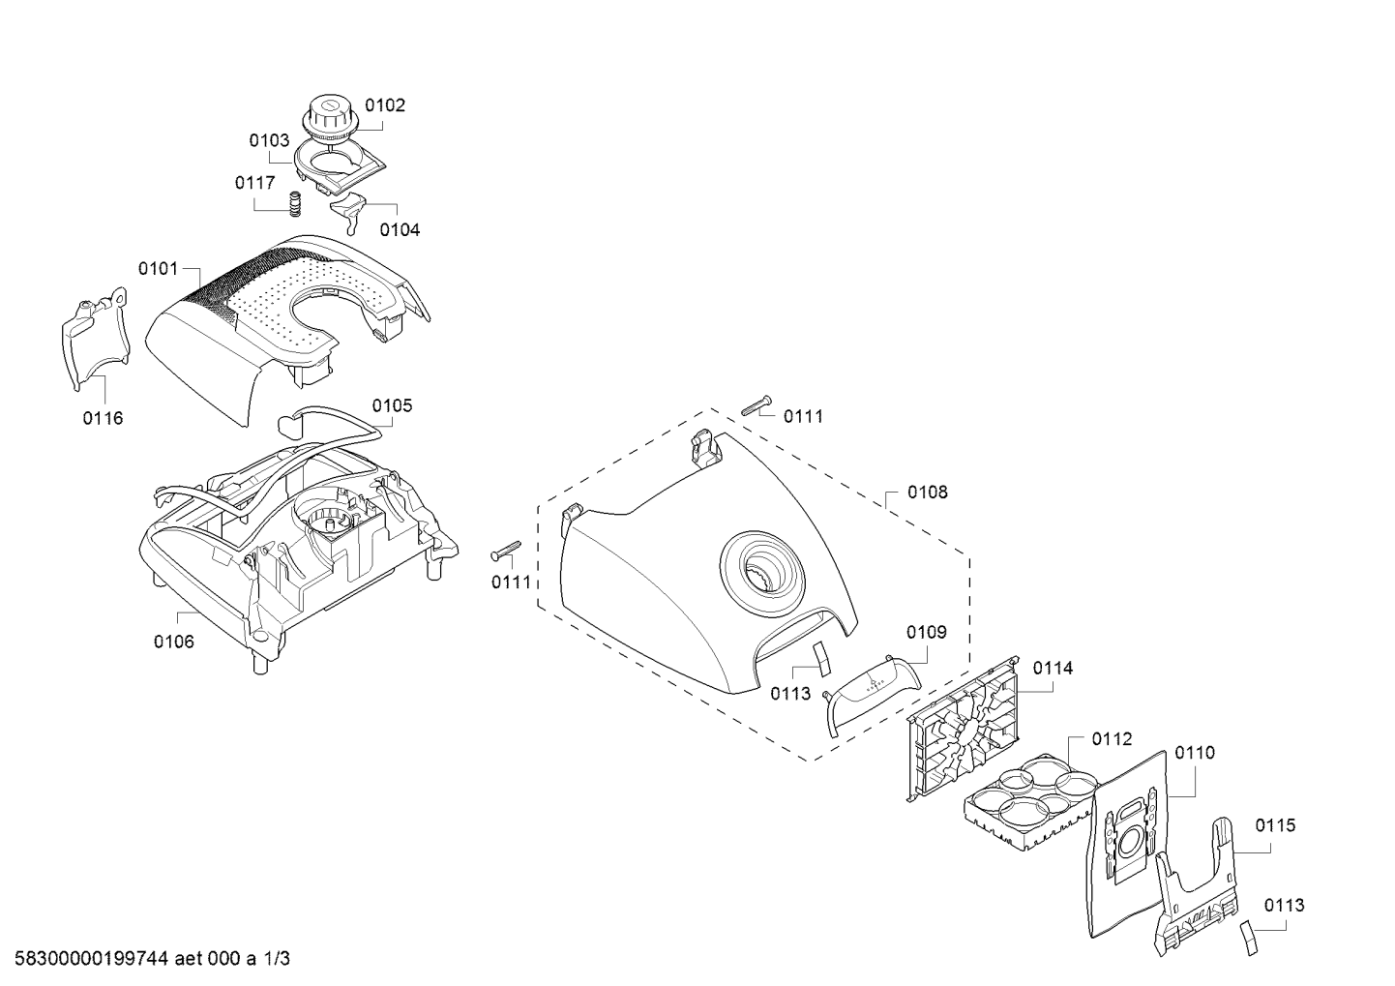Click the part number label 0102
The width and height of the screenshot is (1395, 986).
click(x=385, y=105)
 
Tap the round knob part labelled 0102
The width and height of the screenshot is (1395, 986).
click(x=329, y=123)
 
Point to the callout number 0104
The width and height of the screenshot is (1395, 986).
click(x=400, y=230)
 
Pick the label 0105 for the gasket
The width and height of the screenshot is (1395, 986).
click(x=393, y=405)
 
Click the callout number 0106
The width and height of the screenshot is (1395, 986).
click(x=174, y=641)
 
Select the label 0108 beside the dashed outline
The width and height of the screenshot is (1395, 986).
click(x=928, y=493)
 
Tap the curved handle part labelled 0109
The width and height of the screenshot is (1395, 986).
click(x=873, y=692)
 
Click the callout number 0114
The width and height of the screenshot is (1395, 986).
click(x=1053, y=669)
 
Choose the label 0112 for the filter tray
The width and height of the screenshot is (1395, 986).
click(x=1112, y=738)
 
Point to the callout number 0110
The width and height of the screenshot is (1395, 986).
click(x=1195, y=753)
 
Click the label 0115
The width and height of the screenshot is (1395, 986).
click(x=1275, y=825)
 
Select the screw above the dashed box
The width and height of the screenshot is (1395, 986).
click(x=757, y=404)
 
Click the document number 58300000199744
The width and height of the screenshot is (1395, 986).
click(x=91, y=958)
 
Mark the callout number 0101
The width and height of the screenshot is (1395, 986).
click(x=159, y=268)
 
